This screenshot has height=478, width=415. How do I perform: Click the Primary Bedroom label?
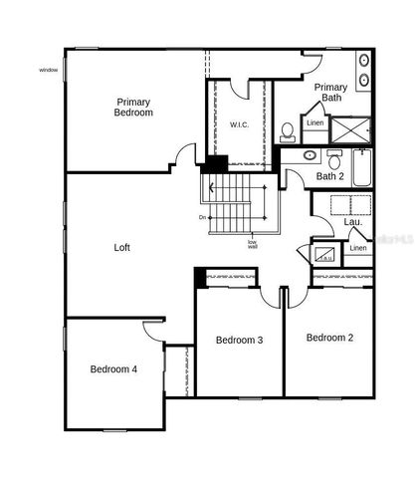click(x=134, y=108)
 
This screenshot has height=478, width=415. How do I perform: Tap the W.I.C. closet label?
click(x=239, y=124)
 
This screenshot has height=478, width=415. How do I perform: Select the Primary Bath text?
click(x=330, y=93)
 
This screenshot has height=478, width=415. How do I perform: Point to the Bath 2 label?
click(x=328, y=176)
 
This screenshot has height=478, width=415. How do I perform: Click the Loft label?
click(x=121, y=247)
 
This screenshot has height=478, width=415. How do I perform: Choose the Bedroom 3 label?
click(x=239, y=341)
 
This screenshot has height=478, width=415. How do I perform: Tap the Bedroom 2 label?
click(x=329, y=338)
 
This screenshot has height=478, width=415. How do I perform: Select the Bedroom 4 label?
click(x=113, y=369)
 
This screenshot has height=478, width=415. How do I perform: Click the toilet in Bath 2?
click(x=334, y=158)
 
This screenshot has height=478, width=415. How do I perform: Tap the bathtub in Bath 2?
click(x=360, y=168)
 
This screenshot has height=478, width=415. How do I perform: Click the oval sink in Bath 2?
click(x=309, y=156)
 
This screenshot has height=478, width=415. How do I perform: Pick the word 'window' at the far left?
click(x=49, y=70)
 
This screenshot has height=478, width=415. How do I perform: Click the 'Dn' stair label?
click(x=202, y=217)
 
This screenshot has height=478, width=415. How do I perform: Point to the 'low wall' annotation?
click(x=253, y=244)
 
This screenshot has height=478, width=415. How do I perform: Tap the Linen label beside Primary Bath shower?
click(x=315, y=122)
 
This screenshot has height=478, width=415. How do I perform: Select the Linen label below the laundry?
click(x=358, y=247)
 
